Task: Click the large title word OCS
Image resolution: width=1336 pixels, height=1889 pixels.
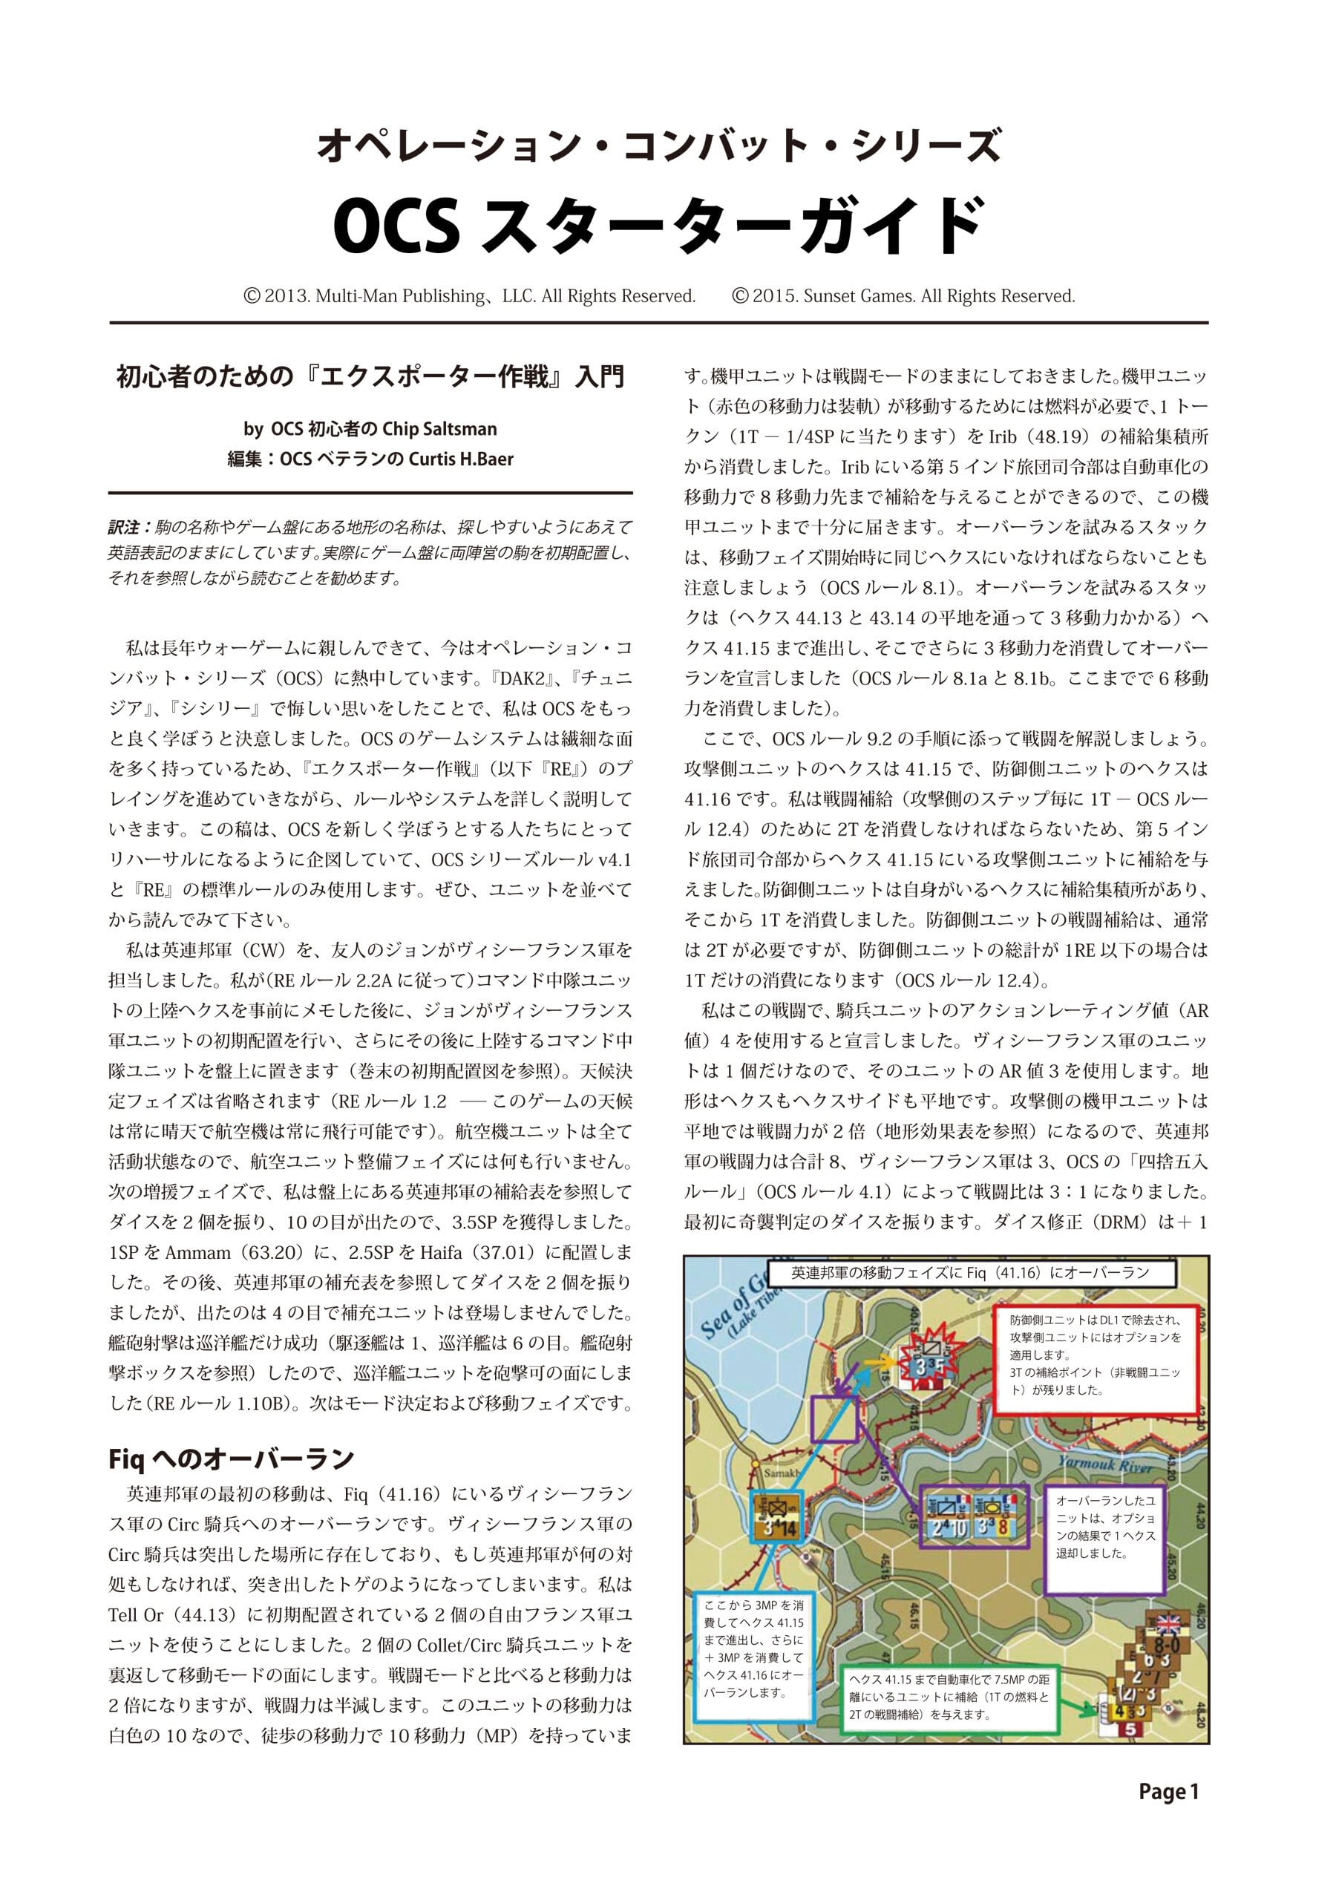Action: (x=396, y=227)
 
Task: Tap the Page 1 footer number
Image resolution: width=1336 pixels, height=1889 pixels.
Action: (x=1168, y=1791)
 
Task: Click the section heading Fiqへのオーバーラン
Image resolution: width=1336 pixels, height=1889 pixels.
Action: (x=231, y=1459)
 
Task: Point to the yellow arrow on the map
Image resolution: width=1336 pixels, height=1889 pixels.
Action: (x=875, y=1361)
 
